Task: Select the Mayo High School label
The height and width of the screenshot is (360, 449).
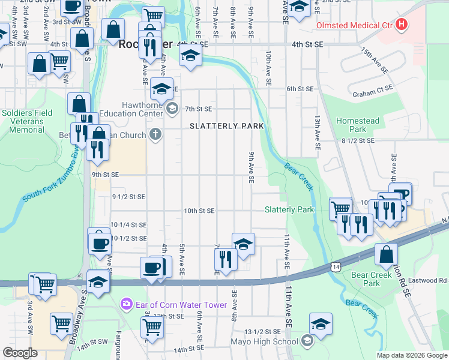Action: click(264, 342)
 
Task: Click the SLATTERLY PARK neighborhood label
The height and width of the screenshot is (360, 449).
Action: click(226, 126)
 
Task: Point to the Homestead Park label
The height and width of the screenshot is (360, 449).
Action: click(358, 125)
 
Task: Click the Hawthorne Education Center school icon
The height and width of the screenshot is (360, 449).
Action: click(172, 109)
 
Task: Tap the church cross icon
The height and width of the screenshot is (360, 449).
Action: click(155, 134)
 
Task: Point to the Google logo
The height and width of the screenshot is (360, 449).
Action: click(20, 353)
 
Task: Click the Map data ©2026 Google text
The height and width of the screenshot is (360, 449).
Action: click(412, 355)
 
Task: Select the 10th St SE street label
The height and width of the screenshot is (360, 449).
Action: click(199, 211)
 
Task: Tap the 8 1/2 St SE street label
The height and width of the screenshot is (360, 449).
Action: click(357, 140)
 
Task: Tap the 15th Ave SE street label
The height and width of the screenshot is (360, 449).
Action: click(373, 61)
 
